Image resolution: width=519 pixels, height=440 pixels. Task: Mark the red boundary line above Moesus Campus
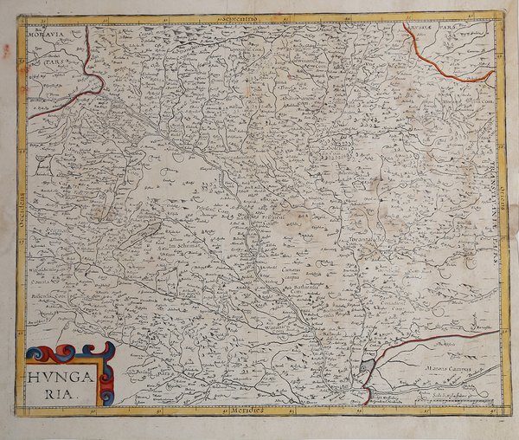[432, 340]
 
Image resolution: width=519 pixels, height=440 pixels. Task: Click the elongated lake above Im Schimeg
[138, 236]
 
